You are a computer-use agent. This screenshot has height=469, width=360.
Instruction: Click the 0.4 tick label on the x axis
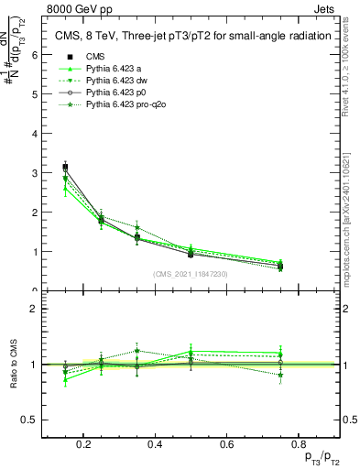pyautogui.click(x=155, y=444)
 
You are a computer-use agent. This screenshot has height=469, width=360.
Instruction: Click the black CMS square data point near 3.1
pyautogui.click(x=65, y=167)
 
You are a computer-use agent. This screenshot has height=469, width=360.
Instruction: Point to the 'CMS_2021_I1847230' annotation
pyautogui.click(x=191, y=274)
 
